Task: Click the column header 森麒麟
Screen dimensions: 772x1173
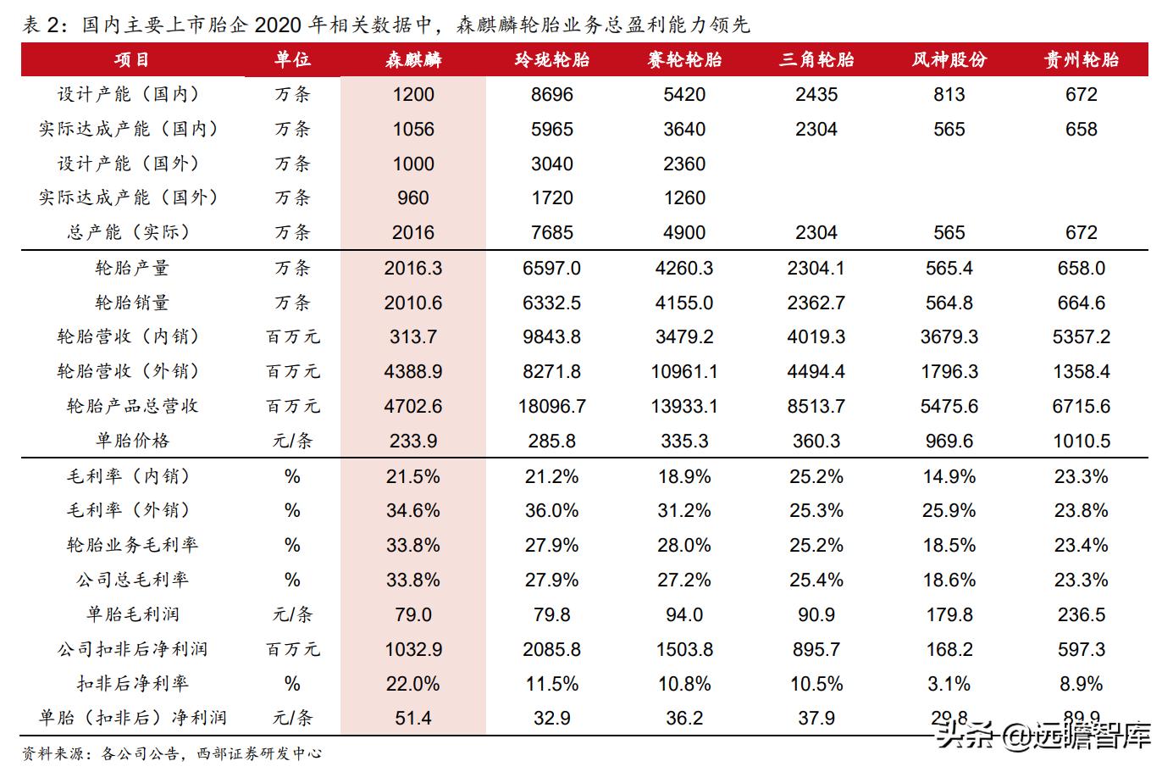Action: tap(413, 59)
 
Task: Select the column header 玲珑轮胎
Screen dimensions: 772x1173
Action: tap(552, 59)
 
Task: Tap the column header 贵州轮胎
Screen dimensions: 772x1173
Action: tap(1082, 59)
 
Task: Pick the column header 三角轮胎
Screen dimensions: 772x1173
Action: tap(816, 59)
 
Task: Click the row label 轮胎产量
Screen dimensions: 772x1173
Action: tap(132, 268)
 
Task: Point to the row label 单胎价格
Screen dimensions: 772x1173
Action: tap(132, 441)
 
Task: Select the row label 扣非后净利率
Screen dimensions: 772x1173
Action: tap(132, 683)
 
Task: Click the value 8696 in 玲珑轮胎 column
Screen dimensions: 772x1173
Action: tap(552, 94)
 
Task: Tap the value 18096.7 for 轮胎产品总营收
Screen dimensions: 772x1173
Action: tap(552, 406)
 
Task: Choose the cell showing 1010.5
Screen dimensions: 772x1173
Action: tap(1082, 441)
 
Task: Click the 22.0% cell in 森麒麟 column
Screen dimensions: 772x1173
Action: tap(413, 683)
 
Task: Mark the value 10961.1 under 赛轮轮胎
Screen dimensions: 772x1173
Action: tap(684, 371)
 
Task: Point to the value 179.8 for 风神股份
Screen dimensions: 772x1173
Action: tap(949, 614)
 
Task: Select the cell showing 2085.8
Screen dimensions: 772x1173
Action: tap(552, 649)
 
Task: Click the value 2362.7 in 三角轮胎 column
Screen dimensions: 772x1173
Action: tap(816, 303)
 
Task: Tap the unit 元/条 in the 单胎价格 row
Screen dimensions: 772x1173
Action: tap(293, 441)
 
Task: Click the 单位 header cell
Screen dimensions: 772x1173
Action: tap(293, 59)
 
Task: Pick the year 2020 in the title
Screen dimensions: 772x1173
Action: tap(279, 25)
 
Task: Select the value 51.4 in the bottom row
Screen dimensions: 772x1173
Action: tap(413, 718)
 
